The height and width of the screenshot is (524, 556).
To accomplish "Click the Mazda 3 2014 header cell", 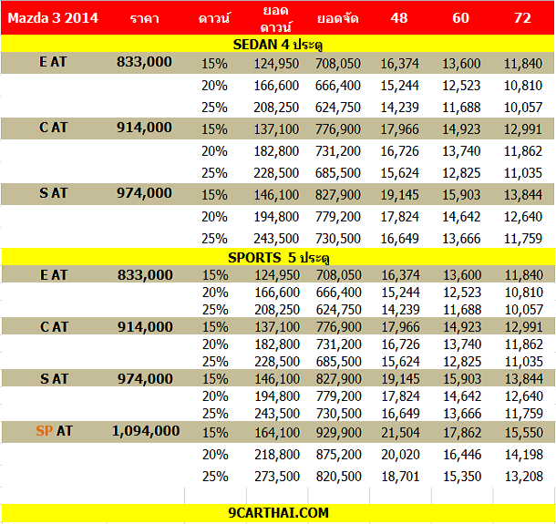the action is [53, 18].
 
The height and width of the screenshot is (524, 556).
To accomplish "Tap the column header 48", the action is [399, 18].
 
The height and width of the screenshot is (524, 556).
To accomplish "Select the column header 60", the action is [460, 18].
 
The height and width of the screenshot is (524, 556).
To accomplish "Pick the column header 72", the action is [522, 18].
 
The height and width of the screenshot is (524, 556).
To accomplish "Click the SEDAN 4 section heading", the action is [278, 45].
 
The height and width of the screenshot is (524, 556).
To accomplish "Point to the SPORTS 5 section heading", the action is [279, 258].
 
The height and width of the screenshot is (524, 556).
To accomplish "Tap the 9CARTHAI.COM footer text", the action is [278, 513].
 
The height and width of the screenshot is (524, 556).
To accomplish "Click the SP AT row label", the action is [54, 431].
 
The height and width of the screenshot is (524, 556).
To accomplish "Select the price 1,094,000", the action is [146, 431].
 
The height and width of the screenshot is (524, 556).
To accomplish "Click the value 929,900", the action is [339, 433].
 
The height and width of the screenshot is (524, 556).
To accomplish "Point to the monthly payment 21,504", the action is [400, 433].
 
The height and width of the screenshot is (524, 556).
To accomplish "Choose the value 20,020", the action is [400, 455].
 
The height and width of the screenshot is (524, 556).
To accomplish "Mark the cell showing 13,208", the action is [524, 476].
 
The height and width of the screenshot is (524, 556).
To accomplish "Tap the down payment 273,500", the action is [277, 476].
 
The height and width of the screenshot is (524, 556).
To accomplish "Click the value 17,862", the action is [462, 433].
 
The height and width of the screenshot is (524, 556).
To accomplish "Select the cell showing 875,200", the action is [339, 455].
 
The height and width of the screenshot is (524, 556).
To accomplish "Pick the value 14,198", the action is [524, 455].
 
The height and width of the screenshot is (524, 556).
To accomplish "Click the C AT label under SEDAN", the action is [53, 128].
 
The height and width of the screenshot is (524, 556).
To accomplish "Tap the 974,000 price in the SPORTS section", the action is [146, 379].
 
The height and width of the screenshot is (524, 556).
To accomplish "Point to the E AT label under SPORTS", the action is [54, 275].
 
